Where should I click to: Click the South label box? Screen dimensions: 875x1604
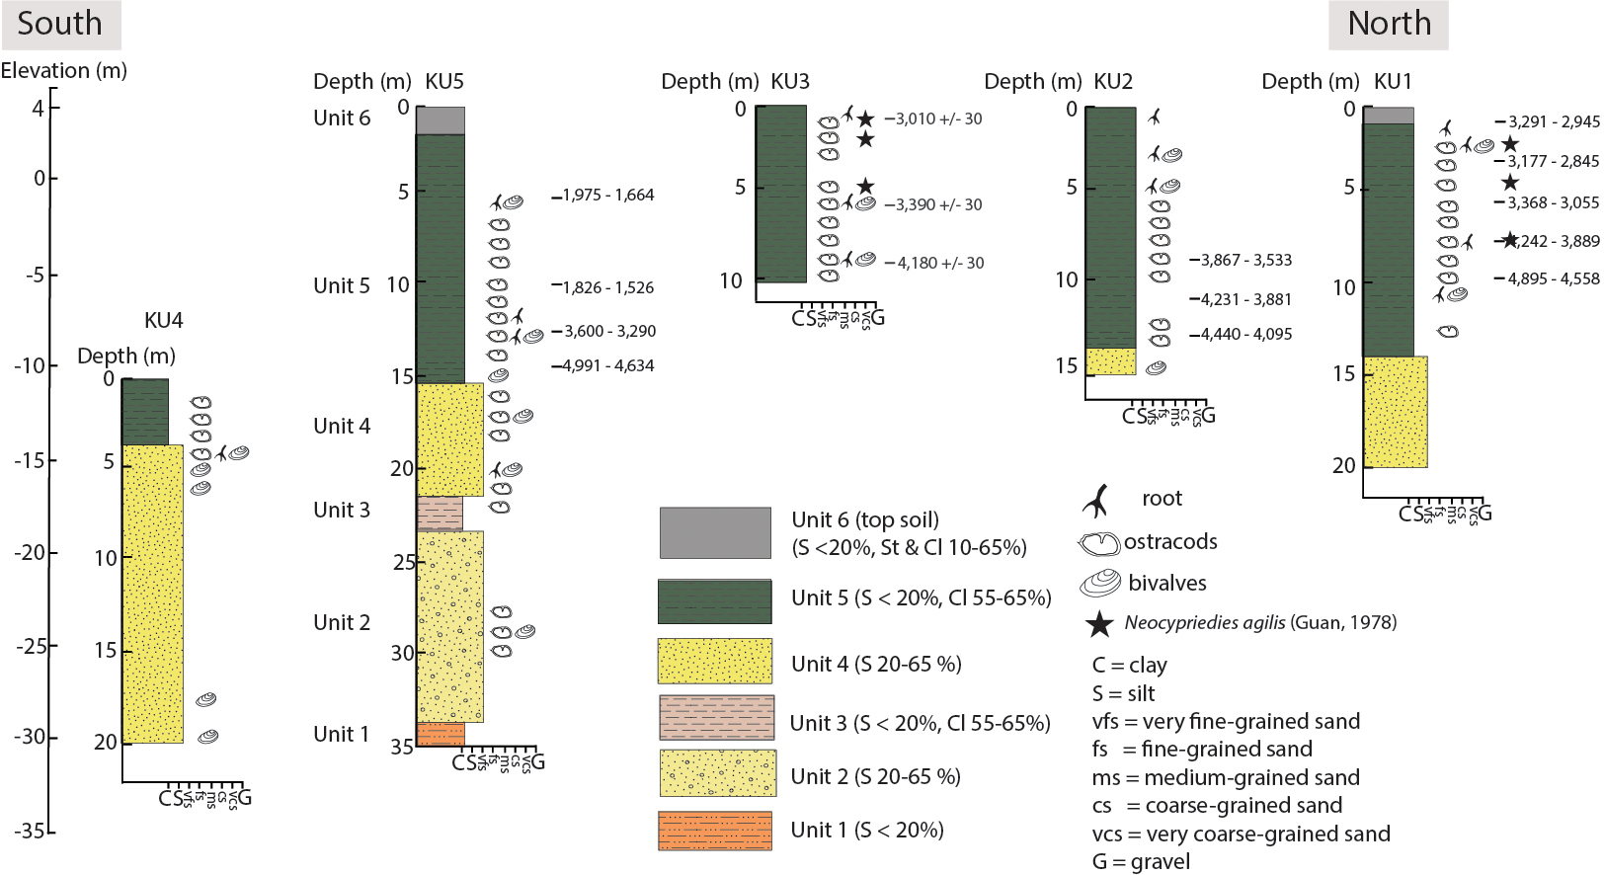(60, 24)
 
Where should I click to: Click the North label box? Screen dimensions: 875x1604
(1388, 24)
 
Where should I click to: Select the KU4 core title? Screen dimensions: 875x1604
(163, 320)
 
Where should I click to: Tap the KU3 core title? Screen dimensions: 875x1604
(789, 81)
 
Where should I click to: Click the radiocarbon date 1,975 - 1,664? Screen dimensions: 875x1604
(607, 196)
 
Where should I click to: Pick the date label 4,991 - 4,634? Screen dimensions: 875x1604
(607, 366)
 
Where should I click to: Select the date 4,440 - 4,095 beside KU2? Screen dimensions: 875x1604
(1245, 335)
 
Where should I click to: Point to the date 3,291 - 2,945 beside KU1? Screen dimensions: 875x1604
(1553, 122)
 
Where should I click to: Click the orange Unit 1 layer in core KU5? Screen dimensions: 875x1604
(441, 734)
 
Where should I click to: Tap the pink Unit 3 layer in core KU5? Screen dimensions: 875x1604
(440, 514)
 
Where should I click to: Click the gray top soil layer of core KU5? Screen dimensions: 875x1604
(440, 120)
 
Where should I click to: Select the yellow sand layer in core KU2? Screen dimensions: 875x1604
(1110, 361)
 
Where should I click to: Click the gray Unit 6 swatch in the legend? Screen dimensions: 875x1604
(715, 533)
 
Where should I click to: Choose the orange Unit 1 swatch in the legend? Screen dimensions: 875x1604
(715, 831)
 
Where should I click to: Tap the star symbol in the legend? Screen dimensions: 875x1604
(1099, 624)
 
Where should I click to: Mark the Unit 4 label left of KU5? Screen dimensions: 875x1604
(342, 426)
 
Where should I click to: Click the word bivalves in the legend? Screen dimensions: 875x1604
(1166, 583)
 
